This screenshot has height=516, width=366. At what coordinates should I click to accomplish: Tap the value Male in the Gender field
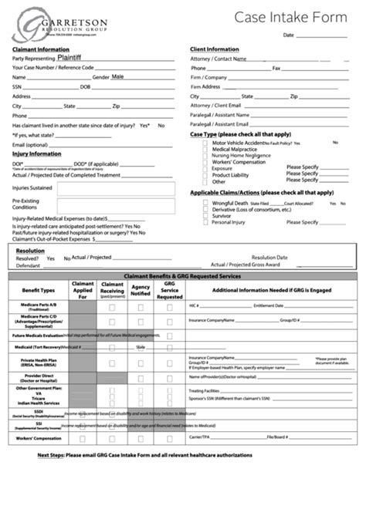point(117,77)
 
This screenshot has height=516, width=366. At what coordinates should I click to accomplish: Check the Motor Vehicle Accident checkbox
point(205,143)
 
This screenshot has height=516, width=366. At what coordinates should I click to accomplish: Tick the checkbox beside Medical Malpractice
point(205,149)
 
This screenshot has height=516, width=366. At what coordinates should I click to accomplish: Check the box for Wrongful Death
point(205,203)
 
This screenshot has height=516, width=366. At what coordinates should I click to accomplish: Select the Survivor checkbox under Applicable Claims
point(205,216)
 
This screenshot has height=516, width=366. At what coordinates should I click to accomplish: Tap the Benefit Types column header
point(39,291)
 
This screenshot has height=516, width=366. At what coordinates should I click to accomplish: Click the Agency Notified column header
point(141,291)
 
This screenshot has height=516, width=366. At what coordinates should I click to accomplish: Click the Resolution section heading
point(30,251)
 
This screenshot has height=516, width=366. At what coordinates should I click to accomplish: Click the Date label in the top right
point(289,35)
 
